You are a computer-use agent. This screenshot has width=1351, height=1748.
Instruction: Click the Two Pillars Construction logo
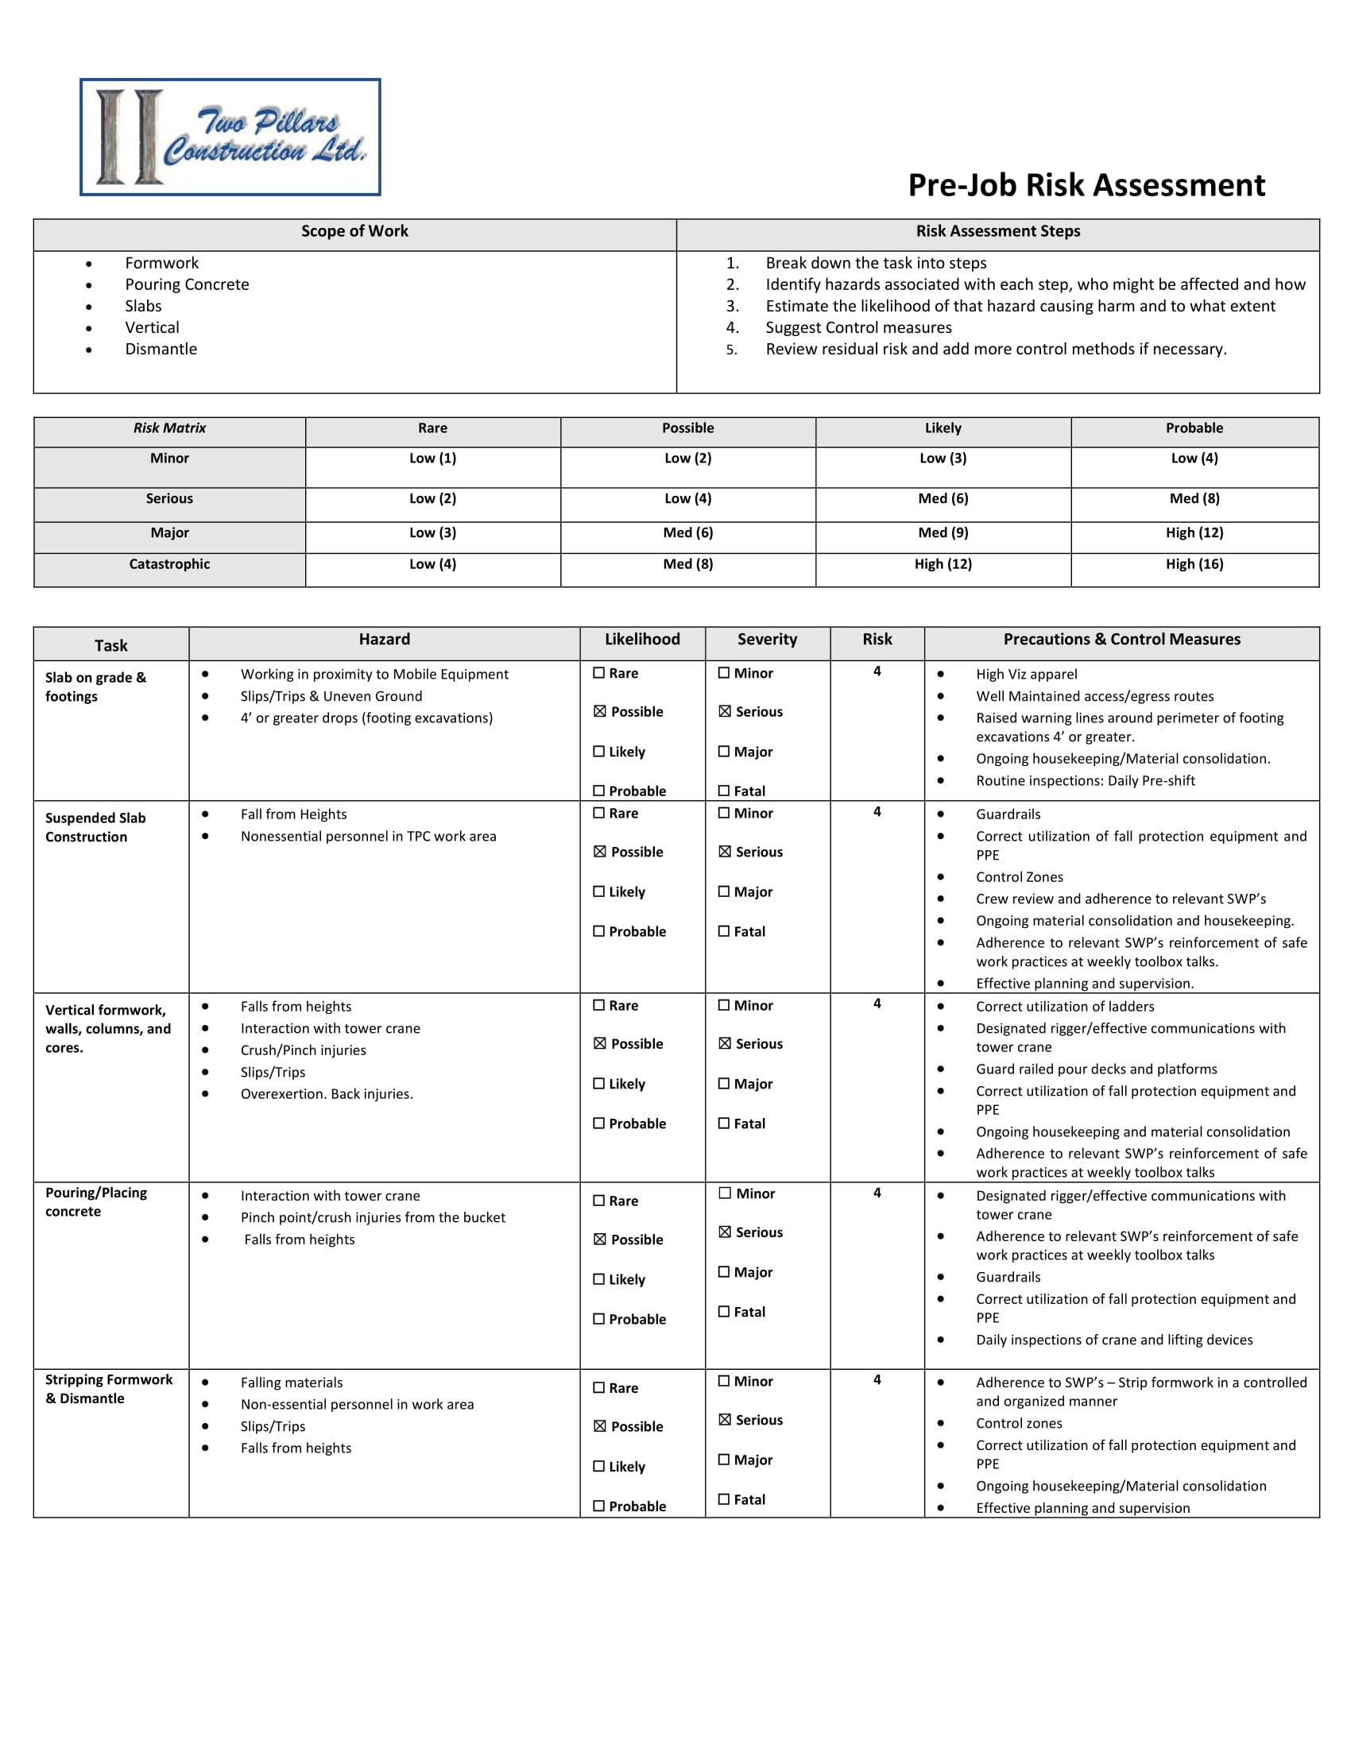point(230,137)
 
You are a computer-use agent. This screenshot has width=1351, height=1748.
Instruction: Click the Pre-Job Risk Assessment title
point(1086,185)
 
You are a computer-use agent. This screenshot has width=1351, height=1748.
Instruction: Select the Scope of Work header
point(354,231)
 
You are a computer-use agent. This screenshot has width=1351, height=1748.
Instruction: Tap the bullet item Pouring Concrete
point(187,284)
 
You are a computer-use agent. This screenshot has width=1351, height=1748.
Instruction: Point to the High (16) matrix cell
point(1194,564)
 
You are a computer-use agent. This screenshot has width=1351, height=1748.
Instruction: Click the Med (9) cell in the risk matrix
point(943,532)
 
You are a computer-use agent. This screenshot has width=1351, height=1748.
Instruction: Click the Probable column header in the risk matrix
point(1194,428)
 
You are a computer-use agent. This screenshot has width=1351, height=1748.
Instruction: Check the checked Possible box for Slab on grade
point(599,712)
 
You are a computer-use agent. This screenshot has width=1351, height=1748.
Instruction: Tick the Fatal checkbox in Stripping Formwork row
point(724,1499)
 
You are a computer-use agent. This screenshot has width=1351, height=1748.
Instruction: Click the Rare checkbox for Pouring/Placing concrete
point(598,1201)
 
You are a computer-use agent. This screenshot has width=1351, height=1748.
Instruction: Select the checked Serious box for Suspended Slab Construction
point(724,852)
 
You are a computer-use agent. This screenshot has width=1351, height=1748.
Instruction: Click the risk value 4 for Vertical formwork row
point(877,1004)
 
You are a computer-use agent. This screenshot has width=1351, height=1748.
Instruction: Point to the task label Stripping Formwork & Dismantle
point(109,1389)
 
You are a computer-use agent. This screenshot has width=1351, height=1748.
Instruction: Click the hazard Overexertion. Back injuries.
point(327,1094)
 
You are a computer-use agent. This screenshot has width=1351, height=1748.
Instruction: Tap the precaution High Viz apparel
point(1026,674)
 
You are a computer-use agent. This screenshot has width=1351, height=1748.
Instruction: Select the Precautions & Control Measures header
point(1121,640)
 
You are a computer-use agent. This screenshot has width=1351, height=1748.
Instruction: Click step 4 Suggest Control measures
point(858,327)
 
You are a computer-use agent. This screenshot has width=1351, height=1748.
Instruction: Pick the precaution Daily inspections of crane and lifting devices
point(1114,1340)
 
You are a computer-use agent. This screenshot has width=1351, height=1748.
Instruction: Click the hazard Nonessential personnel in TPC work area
point(368,837)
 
